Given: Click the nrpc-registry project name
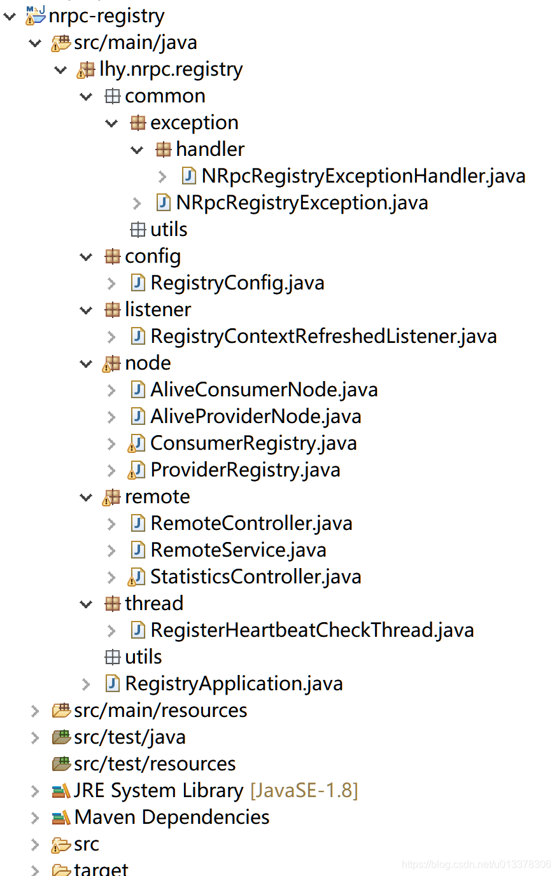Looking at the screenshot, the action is coord(106,17).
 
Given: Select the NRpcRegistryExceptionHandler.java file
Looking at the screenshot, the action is coord(363,176).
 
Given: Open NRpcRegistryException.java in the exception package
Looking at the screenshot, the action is coord(302,203).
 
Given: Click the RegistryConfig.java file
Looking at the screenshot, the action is coord(237,283).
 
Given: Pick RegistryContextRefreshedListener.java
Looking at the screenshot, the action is coord(324,337).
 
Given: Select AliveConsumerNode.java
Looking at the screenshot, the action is coord(264,390).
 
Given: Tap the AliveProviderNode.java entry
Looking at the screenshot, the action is coord(256,417).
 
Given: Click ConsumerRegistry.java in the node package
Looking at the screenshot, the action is coord(253,443).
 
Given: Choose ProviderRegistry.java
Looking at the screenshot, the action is coord(246,470).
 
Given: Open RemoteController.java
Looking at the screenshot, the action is coord(251,524).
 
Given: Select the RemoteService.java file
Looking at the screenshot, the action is coord(238,550).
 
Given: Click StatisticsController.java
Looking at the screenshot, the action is coord(256,577).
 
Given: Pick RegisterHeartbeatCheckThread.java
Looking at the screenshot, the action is coord(313,630).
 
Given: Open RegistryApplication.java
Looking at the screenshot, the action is coord(234,684).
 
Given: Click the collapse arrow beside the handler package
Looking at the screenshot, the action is coord(137,149).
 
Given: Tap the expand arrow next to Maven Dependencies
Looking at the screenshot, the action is coord(35,817).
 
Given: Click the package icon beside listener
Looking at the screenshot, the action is coord(112,310).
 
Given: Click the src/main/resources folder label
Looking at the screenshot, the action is coord(160,711).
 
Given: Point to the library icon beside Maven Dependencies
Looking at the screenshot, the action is coord(61,817).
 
